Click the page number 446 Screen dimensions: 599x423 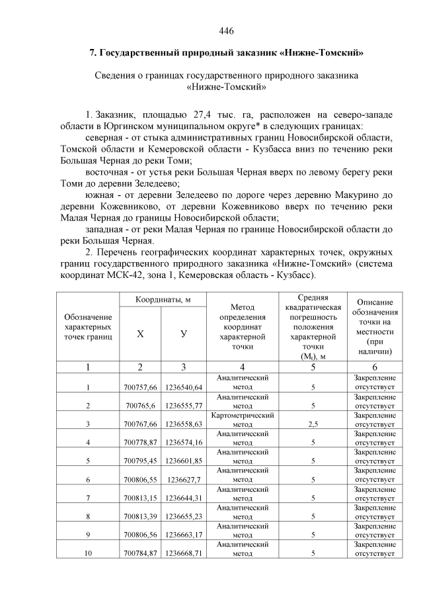[x=226, y=31]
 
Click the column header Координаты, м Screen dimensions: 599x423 [x=163, y=300]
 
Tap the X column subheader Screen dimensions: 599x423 [x=140, y=334]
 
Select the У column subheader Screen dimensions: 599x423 [x=183, y=334]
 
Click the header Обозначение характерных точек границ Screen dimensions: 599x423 [x=89, y=327]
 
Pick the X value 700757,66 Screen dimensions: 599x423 [x=140, y=387]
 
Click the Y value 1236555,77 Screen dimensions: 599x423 [x=184, y=406]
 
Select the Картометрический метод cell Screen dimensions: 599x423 [x=243, y=420]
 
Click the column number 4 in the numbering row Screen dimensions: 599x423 [x=243, y=367]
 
